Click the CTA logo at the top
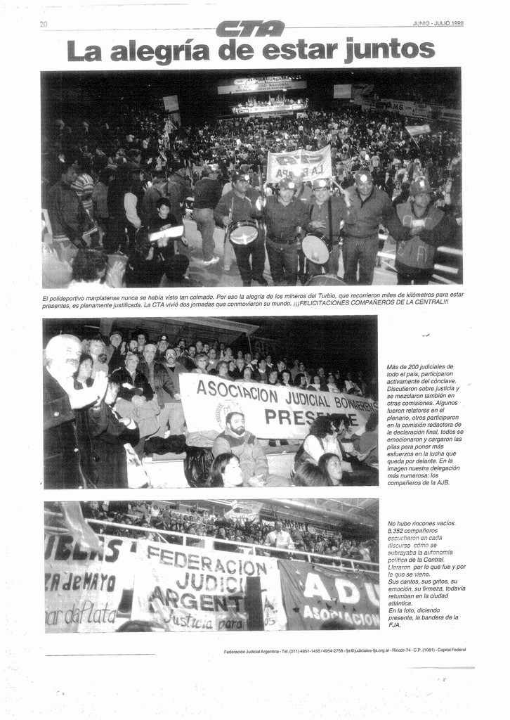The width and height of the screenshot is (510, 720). pyautogui.click(x=251, y=29)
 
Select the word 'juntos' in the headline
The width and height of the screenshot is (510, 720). pyautogui.click(x=390, y=51)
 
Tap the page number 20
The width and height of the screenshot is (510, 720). pyautogui.click(x=44, y=25)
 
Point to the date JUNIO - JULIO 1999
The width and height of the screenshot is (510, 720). pyautogui.click(x=438, y=23)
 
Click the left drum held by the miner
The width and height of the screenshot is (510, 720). pyautogui.click(x=244, y=233)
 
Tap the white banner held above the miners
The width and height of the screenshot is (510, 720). pyautogui.click(x=299, y=165)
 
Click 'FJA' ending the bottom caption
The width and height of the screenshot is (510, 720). pyautogui.click(x=394, y=624)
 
